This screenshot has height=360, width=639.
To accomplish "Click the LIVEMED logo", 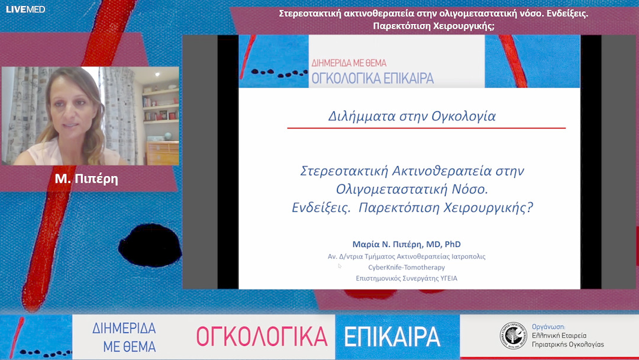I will tap(25, 9).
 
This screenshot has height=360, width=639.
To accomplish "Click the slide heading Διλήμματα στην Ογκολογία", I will tap(412, 116).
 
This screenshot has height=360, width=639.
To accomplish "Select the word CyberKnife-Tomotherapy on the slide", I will tap(406, 267).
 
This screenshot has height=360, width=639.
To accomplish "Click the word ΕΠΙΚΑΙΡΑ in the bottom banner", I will tap(392, 336).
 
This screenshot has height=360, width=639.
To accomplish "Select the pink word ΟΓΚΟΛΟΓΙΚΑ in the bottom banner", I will tap(262, 336).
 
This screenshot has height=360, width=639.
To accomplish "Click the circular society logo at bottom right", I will tap(512, 335).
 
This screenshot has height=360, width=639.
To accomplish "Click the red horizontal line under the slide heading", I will tap(426, 128).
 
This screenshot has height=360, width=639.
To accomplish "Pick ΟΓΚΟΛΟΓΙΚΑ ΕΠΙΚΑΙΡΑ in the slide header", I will tap(372, 78).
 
